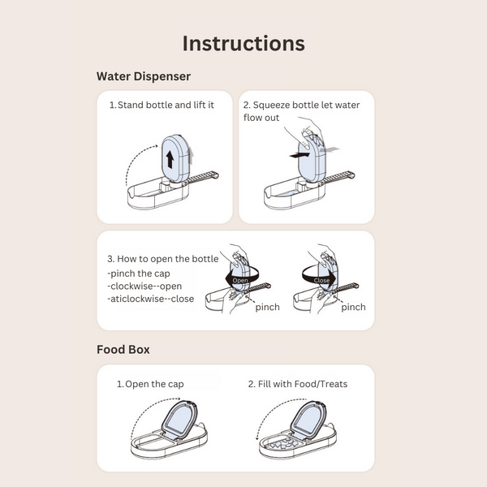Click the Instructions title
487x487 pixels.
click(243, 43)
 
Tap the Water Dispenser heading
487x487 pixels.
click(144, 76)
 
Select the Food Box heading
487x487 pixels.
click(123, 349)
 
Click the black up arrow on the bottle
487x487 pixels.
click(170, 159)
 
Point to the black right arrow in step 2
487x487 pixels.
click(300, 154)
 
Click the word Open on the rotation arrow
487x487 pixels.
click(240, 280)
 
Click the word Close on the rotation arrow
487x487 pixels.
click(321, 281)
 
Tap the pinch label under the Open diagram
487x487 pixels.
click(267, 307)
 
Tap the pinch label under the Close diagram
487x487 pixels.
click(353, 307)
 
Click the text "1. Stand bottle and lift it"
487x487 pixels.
click(162, 105)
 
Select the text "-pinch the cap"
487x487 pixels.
click(139, 274)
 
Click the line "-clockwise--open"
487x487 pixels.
click(144, 286)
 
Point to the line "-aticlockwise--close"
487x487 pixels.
click(151, 299)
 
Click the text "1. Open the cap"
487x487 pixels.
click(150, 384)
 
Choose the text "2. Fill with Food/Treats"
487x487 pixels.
click(298, 384)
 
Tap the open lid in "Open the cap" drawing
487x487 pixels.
click(179, 420)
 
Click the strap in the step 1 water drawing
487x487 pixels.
click(201, 178)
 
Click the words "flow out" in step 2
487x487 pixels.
click(261, 118)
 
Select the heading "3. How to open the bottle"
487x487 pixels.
click(163, 259)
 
